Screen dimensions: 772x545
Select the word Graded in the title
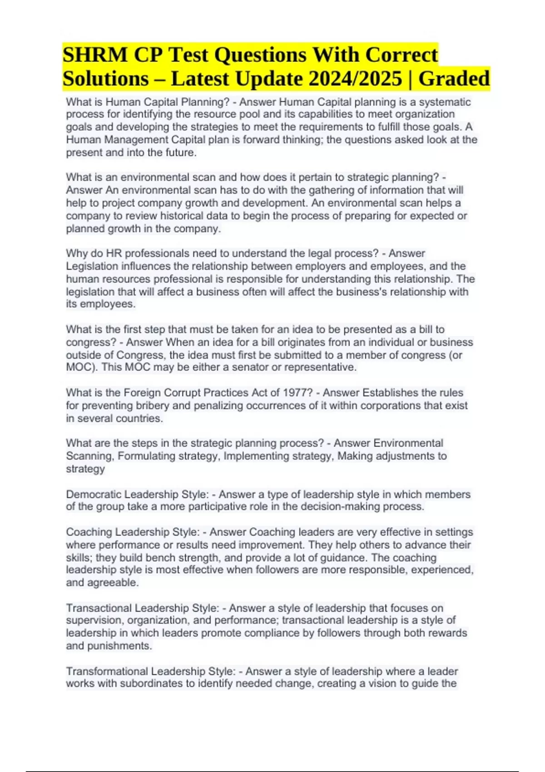[x=454, y=79]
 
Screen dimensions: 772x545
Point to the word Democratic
[x=93, y=494]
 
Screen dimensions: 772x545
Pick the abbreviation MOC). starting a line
[x=82, y=367]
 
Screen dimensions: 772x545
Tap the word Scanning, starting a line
[x=90, y=456]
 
